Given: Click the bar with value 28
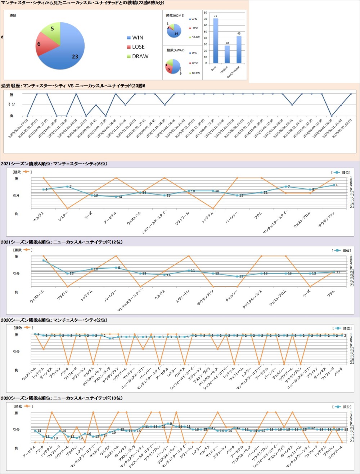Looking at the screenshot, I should (227, 54).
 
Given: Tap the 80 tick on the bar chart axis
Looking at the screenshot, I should (205, 13).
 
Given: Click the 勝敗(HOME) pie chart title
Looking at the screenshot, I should (175, 15).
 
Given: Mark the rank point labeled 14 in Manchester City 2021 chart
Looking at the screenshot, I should (116, 197).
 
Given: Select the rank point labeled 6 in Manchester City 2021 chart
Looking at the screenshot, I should (334, 185).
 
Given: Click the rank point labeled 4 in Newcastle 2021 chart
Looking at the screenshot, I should (44, 260).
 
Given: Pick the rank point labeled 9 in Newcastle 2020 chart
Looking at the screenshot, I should (168, 424).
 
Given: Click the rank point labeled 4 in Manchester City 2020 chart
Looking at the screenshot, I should (110, 338).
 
